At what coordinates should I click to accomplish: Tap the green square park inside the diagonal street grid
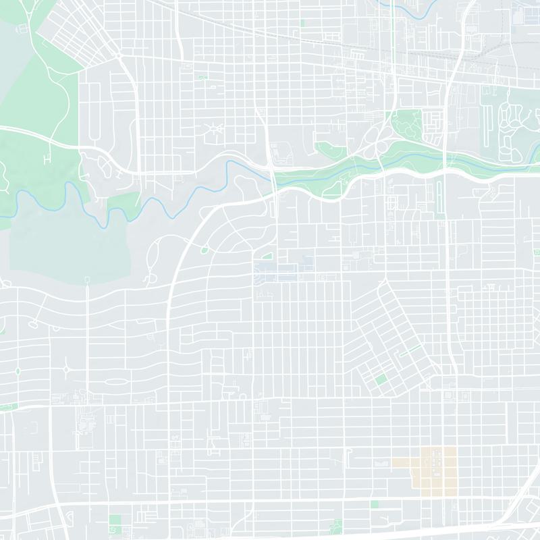381,380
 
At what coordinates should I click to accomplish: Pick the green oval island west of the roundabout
18,371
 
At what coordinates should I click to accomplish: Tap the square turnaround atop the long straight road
87,279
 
